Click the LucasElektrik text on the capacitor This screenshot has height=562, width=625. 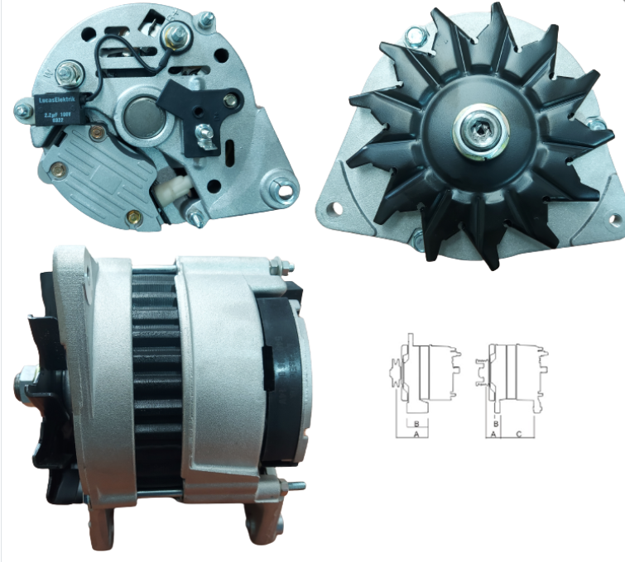tap(59, 102)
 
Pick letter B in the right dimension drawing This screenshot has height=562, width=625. tap(495, 422)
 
